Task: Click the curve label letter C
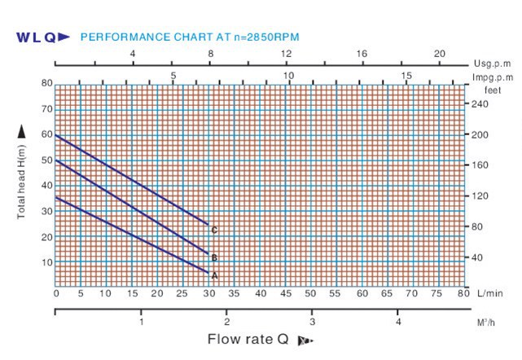(x=214, y=230)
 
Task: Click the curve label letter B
(x=214, y=258)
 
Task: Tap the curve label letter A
(x=214, y=276)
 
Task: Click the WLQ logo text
(x=37, y=37)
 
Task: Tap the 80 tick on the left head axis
(x=46, y=83)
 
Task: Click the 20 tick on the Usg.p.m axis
(x=440, y=53)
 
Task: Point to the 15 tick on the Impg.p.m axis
(x=407, y=75)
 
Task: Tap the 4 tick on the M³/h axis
(x=398, y=322)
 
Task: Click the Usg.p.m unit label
(x=490, y=63)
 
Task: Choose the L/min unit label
(x=490, y=293)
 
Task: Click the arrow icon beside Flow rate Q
(x=305, y=340)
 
